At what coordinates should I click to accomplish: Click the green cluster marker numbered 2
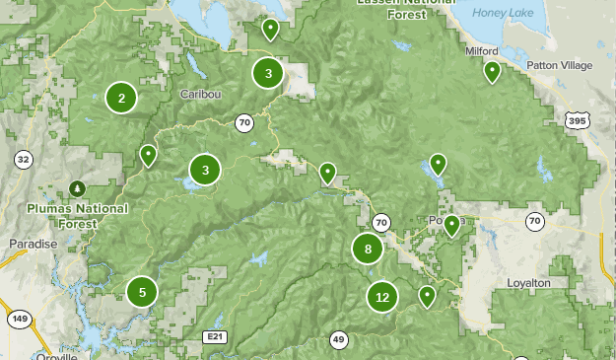(121, 98)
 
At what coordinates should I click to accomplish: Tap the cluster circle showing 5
(142, 291)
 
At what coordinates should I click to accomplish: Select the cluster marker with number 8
(368, 249)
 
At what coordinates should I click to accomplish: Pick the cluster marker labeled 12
(382, 296)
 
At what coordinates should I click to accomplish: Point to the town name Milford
(482, 50)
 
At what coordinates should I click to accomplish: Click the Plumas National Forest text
(77, 216)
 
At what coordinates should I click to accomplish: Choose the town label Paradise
(33, 244)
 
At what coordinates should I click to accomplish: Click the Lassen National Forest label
(407, 5)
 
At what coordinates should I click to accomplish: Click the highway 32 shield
(23, 159)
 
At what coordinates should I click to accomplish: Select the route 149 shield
(18, 319)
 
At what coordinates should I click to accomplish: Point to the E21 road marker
(214, 337)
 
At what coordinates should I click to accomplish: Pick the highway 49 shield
(338, 340)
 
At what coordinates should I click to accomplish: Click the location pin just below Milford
(492, 71)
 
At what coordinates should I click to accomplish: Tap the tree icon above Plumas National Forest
(77, 187)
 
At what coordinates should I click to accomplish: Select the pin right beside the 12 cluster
(427, 295)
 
